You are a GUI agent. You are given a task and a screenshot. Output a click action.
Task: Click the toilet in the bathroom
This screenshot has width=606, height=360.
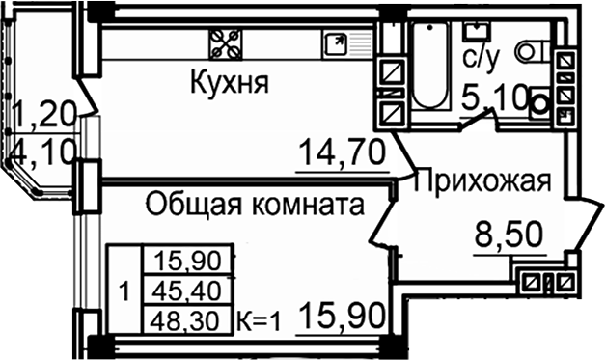tap(532, 51)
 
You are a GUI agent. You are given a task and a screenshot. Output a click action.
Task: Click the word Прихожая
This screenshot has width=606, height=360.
tap(482, 180)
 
